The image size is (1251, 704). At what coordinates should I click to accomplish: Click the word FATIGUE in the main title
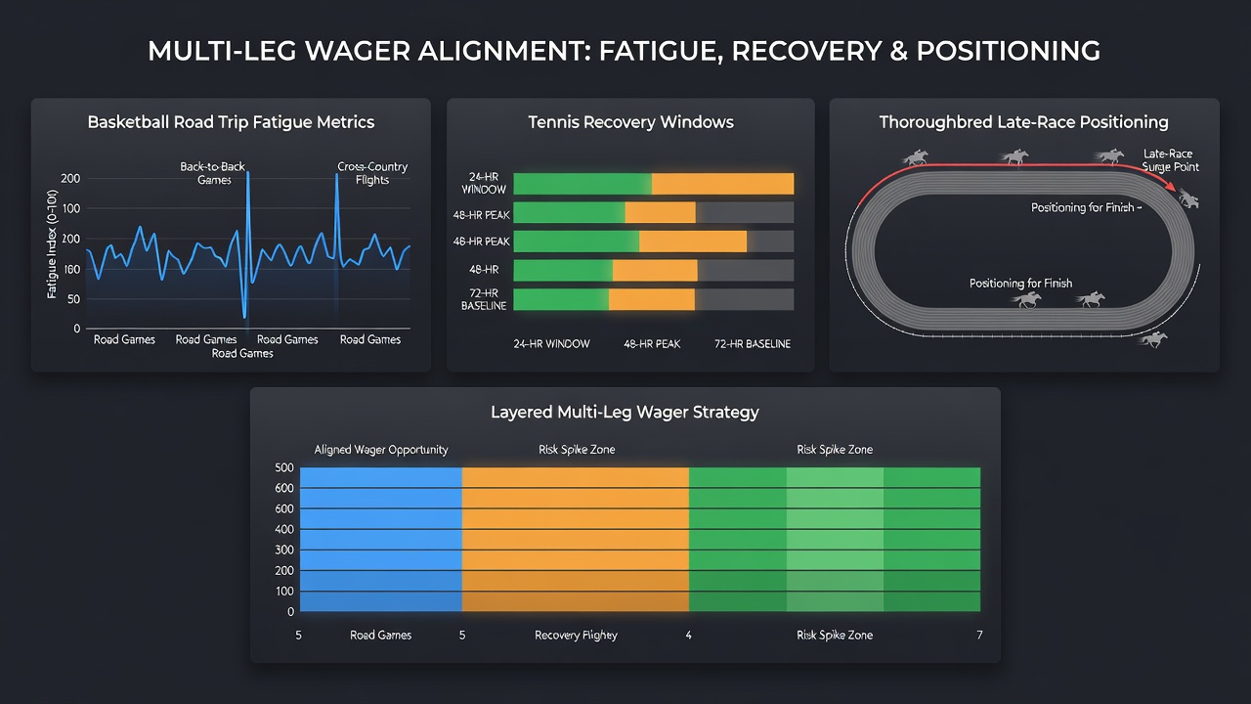661,52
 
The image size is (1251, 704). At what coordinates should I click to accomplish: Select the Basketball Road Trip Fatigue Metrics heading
231,122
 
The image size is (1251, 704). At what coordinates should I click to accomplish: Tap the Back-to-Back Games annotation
213,173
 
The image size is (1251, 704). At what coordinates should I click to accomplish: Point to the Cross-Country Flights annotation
372,173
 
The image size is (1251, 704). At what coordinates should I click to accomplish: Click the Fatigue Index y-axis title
52,244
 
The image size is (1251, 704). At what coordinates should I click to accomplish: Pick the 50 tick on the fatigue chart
73,299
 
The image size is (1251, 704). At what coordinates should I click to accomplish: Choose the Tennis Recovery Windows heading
630,122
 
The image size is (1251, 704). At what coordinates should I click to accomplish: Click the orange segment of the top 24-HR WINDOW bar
722,184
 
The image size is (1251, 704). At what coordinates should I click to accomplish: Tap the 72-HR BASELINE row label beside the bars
484,299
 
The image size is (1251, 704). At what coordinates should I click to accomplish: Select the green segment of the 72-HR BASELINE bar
561,299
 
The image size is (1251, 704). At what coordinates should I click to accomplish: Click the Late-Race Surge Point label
1170,160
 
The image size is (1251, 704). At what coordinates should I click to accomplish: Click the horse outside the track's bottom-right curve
1154,339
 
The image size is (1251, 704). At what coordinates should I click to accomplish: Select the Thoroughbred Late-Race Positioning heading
1023,122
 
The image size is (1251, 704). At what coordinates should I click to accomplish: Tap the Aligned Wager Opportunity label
381,450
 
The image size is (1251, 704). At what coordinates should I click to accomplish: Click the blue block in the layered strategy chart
381,539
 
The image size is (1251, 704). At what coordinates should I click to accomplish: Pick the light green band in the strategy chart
835,539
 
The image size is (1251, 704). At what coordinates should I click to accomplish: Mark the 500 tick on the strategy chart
284,467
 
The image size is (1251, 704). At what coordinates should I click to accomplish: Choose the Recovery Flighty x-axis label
576,636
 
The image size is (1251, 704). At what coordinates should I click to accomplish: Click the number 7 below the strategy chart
979,636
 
